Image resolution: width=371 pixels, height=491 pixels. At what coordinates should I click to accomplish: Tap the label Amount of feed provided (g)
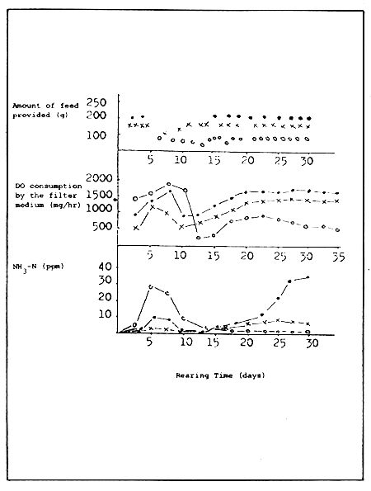[x=45, y=110]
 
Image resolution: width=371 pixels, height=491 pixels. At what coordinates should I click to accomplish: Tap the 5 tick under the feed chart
[x=150, y=160]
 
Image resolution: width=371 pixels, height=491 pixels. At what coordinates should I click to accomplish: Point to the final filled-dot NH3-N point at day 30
[x=308, y=278]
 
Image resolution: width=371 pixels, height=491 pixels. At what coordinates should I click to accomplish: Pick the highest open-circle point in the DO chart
[x=168, y=185]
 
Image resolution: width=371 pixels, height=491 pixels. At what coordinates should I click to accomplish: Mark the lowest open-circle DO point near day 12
[x=199, y=238]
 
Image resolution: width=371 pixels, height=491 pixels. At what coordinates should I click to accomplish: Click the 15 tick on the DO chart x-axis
[x=213, y=256]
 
